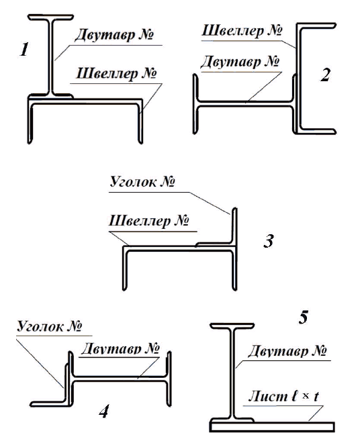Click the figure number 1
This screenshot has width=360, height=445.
point(25,50)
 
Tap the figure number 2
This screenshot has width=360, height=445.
point(326,75)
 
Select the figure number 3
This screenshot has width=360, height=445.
point(268,241)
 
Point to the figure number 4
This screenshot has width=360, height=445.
point(104,411)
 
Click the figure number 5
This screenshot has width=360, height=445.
point(303,317)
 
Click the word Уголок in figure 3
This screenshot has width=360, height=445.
point(132,181)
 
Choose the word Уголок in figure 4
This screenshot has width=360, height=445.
point(40,326)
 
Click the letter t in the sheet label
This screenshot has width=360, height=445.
point(316,397)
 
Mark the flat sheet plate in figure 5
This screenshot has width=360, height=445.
point(272,427)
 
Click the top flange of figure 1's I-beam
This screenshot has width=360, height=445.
point(51,17)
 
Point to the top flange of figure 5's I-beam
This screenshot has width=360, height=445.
point(232,326)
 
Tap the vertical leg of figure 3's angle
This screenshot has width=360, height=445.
point(234,226)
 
